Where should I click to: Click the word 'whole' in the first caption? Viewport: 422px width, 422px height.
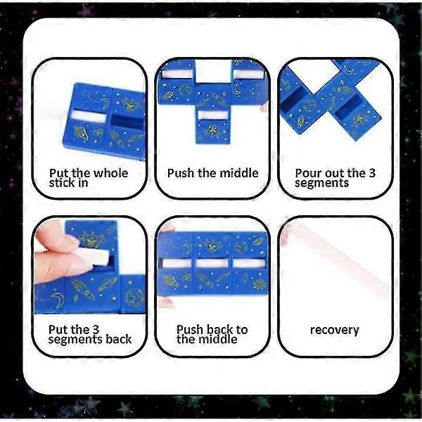110,173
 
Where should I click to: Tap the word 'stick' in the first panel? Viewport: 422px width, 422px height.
60,183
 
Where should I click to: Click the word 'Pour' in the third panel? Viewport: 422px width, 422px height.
307,173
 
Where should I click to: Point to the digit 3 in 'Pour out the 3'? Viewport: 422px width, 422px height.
372,173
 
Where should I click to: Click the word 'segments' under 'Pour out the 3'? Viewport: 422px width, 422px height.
322,183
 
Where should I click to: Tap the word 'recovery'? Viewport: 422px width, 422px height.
335,330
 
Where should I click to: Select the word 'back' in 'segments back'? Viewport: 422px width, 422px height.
118,339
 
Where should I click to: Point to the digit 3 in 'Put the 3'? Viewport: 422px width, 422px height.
96,329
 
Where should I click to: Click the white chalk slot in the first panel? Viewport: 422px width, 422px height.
89,117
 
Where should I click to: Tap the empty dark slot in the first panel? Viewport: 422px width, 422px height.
127,122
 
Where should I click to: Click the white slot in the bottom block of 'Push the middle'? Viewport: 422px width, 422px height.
212,115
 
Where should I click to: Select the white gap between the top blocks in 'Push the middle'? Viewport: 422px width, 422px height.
213,71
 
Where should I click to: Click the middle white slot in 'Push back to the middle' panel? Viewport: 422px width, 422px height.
212,263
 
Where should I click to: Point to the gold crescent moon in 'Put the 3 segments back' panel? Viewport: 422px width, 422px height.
58,298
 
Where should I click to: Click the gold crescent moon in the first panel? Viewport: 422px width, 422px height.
105,103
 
